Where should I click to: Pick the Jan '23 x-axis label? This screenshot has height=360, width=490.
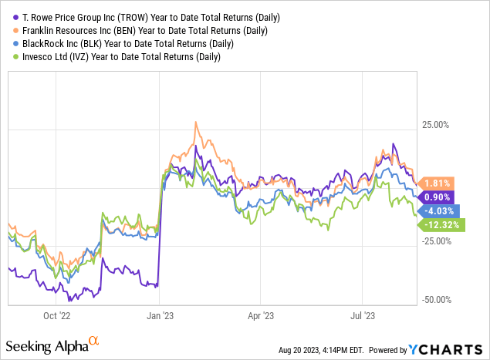click(x=160, y=315)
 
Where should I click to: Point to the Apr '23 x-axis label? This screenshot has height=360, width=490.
click(x=262, y=315)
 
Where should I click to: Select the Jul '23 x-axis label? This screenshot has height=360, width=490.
click(x=362, y=315)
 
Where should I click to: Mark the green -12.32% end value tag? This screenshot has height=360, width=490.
click(x=442, y=224)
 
